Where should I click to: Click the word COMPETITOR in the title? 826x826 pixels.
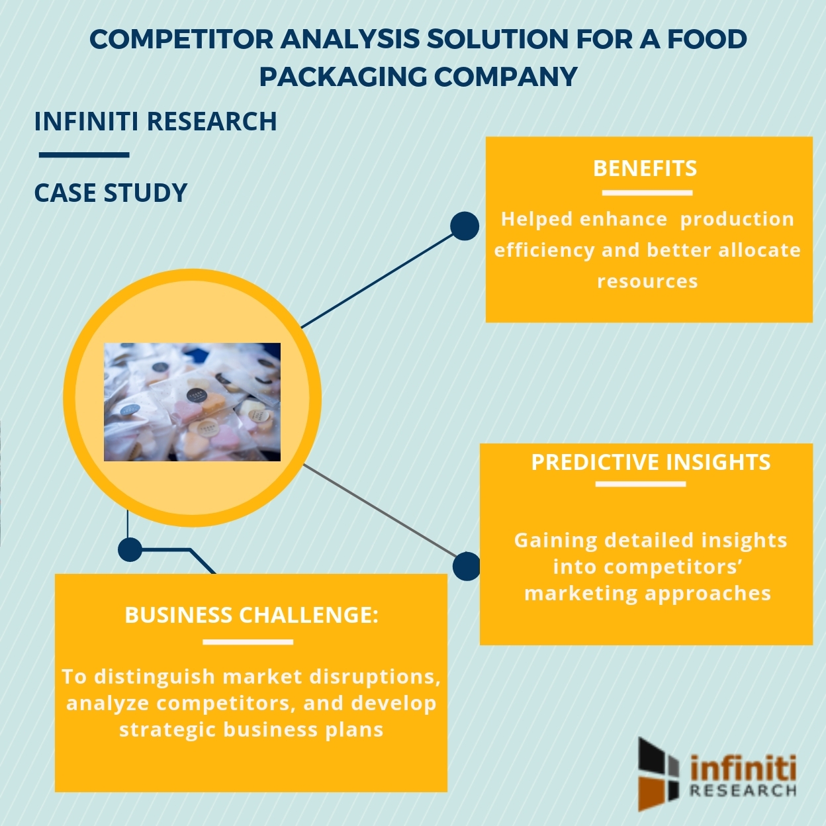(x=181, y=39)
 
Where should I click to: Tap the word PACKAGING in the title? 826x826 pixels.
(x=343, y=77)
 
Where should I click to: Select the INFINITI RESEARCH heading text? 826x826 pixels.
(x=155, y=121)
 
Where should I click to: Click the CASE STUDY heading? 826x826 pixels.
(x=111, y=193)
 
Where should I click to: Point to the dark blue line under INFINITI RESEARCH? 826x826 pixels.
(x=84, y=155)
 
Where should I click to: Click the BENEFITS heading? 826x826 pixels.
(x=645, y=169)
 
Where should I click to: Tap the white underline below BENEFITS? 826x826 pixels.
(x=647, y=193)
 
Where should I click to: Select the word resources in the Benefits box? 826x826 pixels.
(x=648, y=281)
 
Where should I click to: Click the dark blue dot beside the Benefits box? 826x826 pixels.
(x=465, y=226)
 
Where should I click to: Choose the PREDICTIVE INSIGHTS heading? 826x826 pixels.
(x=651, y=462)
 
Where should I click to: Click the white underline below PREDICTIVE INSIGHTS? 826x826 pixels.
(x=641, y=484)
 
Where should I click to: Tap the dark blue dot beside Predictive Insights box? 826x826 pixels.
(x=467, y=567)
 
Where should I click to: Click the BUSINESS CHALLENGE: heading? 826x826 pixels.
(x=252, y=615)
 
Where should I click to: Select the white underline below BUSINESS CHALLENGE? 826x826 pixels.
(x=248, y=642)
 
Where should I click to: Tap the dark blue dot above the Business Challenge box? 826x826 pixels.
(x=130, y=549)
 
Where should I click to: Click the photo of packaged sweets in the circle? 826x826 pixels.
(x=192, y=402)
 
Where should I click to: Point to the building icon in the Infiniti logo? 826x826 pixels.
(x=659, y=774)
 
